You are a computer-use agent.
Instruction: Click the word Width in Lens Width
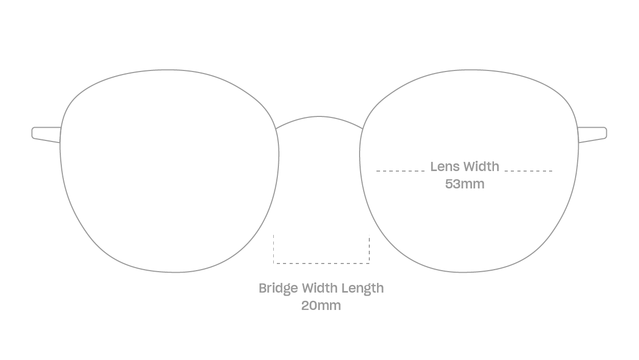(481, 166)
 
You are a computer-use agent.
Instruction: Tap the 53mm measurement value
(465, 184)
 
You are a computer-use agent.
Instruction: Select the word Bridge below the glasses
(278, 289)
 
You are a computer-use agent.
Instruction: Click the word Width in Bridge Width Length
(320, 288)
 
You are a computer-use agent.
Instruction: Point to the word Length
(363, 289)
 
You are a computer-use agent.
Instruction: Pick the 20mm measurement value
(321, 305)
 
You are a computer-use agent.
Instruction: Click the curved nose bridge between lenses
(319, 116)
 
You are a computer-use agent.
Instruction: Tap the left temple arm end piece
(46, 135)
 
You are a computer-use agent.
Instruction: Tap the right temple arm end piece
(593, 135)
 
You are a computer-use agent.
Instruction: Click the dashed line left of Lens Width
(400, 171)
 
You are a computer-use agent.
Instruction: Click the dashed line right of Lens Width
(529, 171)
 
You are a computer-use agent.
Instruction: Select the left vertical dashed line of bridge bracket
(274, 249)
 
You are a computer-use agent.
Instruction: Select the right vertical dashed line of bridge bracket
(369, 249)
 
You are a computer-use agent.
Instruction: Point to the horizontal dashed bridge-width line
(321, 263)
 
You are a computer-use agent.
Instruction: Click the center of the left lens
(170, 171)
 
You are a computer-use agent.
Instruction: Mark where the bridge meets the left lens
(276, 129)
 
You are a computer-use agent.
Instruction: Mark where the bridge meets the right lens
(363, 129)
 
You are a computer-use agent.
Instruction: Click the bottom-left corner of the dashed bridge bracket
(274, 263)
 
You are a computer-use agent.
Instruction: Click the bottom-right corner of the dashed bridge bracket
(369, 263)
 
